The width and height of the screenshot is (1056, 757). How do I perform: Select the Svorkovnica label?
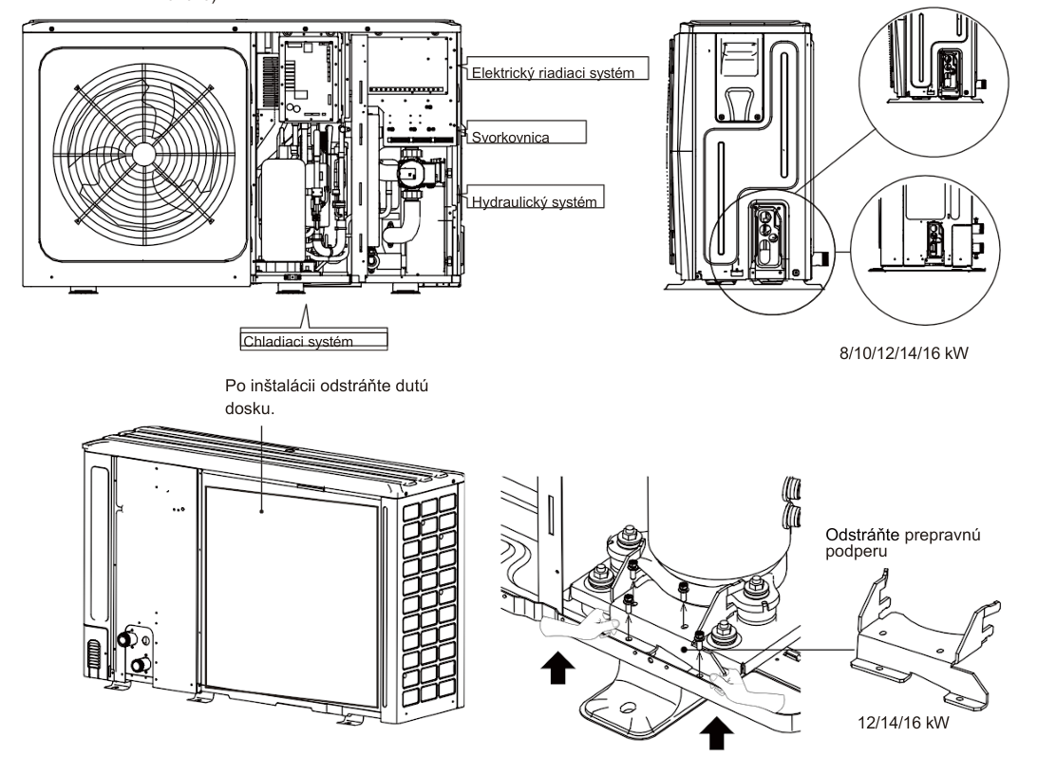click(x=513, y=137)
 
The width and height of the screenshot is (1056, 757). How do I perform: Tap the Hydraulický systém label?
click(x=537, y=201)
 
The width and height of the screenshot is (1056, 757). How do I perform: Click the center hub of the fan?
click(x=141, y=153)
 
